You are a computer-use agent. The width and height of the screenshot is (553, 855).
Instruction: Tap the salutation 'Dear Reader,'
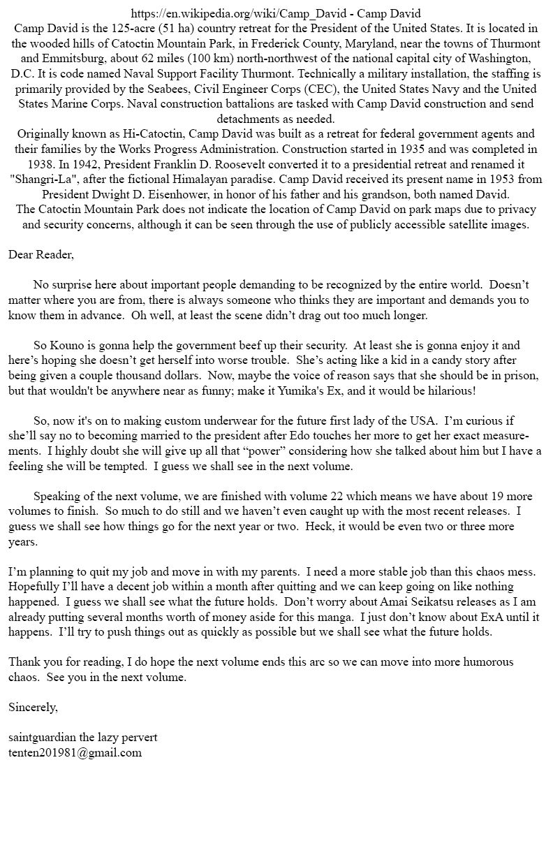click(x=41, y=254)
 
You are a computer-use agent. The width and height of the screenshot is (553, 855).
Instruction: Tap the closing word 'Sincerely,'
click(x=34, y=707)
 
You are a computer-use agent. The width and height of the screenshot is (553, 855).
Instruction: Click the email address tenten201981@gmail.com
click(x=75, y=752)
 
